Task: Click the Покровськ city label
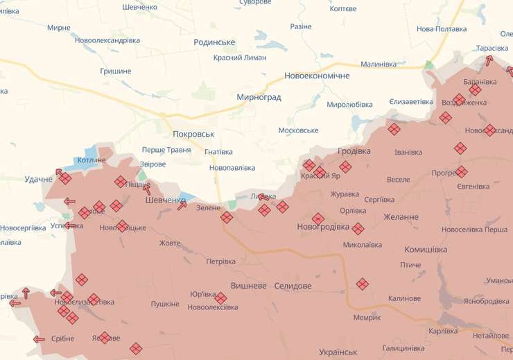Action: point(193,134)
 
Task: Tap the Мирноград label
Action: point(259,97)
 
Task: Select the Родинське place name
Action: point(214,42)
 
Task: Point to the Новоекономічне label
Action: point(317,76)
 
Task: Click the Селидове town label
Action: point(293,286)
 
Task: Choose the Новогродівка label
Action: point(323,227)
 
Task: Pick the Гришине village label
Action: point(116,71)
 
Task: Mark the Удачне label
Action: point(38,180)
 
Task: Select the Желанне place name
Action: point(401,217)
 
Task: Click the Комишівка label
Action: point(426,250)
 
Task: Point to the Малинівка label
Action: point(379,64)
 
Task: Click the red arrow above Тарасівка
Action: point(490,60)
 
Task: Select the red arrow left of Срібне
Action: point(39,339)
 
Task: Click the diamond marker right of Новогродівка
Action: point(358,229)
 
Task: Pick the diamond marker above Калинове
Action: point(362,284)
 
